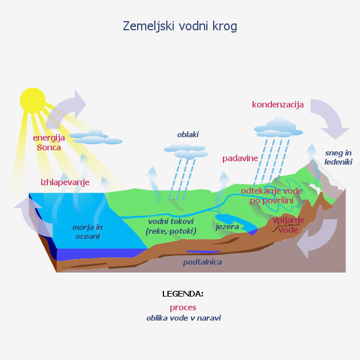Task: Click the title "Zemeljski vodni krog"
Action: (x=180, y=26)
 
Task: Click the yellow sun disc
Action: (x=33, y=99)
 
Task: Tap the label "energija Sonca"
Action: (x=49, y=142)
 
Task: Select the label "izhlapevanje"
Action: (x=65, y=182)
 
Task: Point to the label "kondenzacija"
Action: (x=278, y=105)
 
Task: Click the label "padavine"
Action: (x=240, y=158)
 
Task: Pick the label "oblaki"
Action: (x=188, y=135)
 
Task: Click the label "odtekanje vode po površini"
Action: (x=271, y=195)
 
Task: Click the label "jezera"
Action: (x=227, y=227)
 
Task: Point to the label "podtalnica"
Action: (x=202, y=262)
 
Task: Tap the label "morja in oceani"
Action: (x=86, y=231)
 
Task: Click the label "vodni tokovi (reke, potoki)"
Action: (x=171, y=226)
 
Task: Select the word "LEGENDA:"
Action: (x=183, y=294)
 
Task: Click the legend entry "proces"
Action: (x=183, y=307)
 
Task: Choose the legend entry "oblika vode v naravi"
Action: (x=183, y=318)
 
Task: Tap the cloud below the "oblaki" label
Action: (x=185, y=151)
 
